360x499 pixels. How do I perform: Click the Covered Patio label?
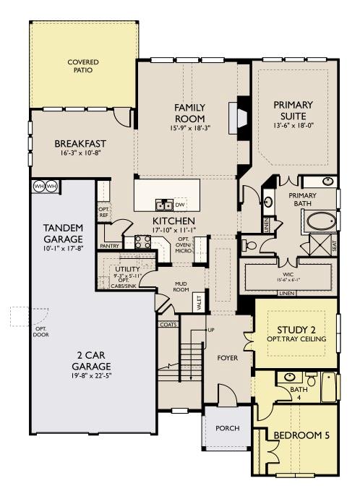83,67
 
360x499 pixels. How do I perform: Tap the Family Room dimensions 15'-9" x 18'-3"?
190,127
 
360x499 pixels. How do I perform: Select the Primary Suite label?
293,111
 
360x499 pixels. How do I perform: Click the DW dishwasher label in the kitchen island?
181,204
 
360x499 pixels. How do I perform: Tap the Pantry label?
111,246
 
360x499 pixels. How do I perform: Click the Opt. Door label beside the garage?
41,330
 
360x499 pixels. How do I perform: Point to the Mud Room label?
181,287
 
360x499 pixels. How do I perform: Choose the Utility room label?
128,269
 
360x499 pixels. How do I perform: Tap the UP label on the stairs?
211,330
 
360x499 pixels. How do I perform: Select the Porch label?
228,428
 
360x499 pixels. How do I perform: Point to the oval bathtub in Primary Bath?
321,220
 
